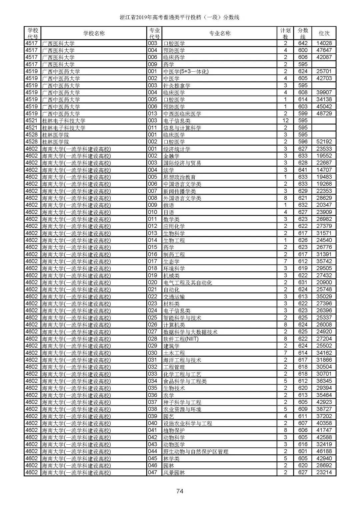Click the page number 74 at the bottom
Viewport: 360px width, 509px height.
[180, 491]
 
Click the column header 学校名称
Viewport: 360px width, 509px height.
[94, 33]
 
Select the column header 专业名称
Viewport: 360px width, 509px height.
[219, 33]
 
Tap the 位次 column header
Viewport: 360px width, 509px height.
[324, 33]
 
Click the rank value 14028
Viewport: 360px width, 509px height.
[324, 43]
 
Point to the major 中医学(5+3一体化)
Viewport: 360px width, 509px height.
[186, 71]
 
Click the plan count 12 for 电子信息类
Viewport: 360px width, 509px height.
[285, 121]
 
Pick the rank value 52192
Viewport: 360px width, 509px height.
[324, 142]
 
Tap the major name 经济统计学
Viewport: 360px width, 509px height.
[176, 149]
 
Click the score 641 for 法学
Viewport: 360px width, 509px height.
[303, 170]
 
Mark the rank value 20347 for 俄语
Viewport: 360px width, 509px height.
[324, 205]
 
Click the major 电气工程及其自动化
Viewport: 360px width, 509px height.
[187, 283]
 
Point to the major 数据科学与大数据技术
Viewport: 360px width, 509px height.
[190, 332]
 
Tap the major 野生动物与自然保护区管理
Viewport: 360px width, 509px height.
[195, 452]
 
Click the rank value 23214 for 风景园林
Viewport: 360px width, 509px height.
[324, 473]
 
